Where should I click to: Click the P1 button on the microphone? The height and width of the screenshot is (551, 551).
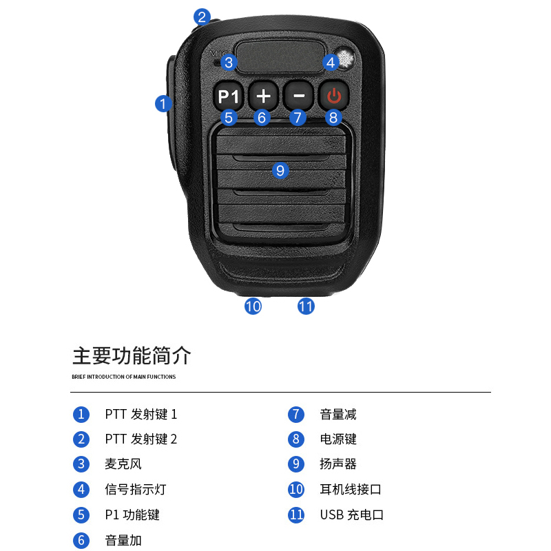(x=228, y=96)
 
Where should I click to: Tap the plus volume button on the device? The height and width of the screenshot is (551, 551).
(x=263, y=96)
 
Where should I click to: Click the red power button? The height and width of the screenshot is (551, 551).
(x=333, y=95)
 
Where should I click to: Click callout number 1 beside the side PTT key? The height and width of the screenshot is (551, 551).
(x=163, y=103)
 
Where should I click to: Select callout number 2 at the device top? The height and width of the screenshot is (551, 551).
(x=201, y=17)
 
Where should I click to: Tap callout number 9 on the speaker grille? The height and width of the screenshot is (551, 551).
(x=280, y=169)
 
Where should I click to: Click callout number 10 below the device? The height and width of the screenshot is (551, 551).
(x=253, y=306)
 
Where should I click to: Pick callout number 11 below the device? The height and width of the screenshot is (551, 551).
(x=306, y=306)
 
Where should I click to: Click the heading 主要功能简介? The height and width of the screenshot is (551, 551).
(x=132, y=356)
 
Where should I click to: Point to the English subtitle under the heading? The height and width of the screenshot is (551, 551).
(x=123, y=377)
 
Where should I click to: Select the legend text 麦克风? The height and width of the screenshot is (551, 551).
(x=123, y=464)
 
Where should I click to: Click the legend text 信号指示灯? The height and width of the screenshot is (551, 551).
(x=136, y=490)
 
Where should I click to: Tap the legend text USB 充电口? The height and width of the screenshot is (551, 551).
(x=351, y=514)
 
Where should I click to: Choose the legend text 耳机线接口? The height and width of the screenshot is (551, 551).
(x=351, y=490)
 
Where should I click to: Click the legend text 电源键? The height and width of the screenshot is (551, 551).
(x=338, y=439)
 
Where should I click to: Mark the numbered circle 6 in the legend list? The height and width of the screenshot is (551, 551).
(x=81, y=541)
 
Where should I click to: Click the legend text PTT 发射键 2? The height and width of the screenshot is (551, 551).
(x=141, y=439)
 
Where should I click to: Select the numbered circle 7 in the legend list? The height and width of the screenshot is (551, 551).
(x=296, y=415)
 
